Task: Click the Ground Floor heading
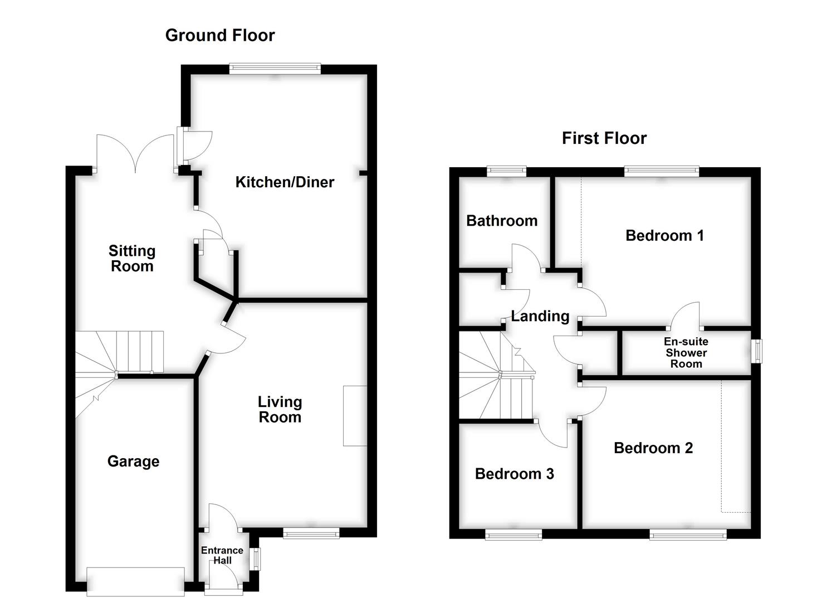[220, 36]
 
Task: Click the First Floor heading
[604, 138]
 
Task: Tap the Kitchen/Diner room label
[285, 182]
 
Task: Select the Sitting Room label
[132, 259]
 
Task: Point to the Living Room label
[280, 410]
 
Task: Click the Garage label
[133, 462]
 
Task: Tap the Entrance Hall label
[222, 555]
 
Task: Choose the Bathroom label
[502, 221]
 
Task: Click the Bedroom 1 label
[664, 236]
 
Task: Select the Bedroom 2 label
[653, 448]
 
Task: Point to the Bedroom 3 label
[514, 474]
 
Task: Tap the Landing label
[540, 317]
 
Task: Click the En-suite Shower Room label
[686, 353]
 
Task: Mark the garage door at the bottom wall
[136, 582]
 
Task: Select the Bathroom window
[506, 171]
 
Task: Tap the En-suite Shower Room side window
[757, 351]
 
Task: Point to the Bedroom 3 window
[513, 535]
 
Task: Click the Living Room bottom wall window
[311, 534]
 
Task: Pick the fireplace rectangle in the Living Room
[355, 416]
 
